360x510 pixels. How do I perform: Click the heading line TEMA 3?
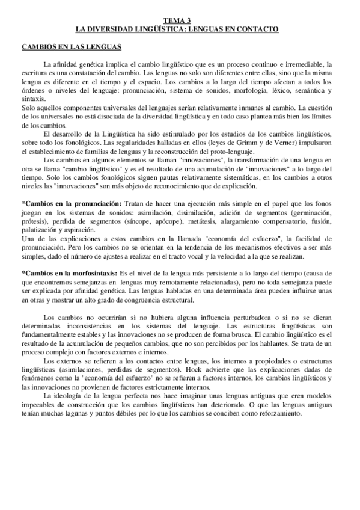coord(179,20)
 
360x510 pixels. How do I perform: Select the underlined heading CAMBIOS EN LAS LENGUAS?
coord(72,46)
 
